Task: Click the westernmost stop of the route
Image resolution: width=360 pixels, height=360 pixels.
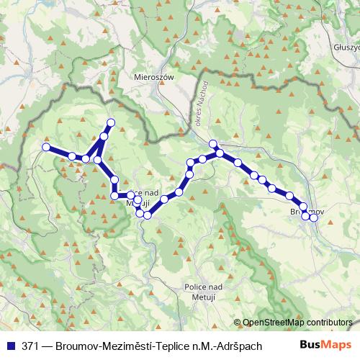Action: click(x=46, y=147)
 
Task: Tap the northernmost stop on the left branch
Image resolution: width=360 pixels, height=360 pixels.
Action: click(x=111, y=122)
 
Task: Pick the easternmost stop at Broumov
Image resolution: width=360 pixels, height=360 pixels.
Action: click(x=314, y=217)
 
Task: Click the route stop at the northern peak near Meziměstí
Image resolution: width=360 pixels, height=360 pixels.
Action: click(x=213, y=143)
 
